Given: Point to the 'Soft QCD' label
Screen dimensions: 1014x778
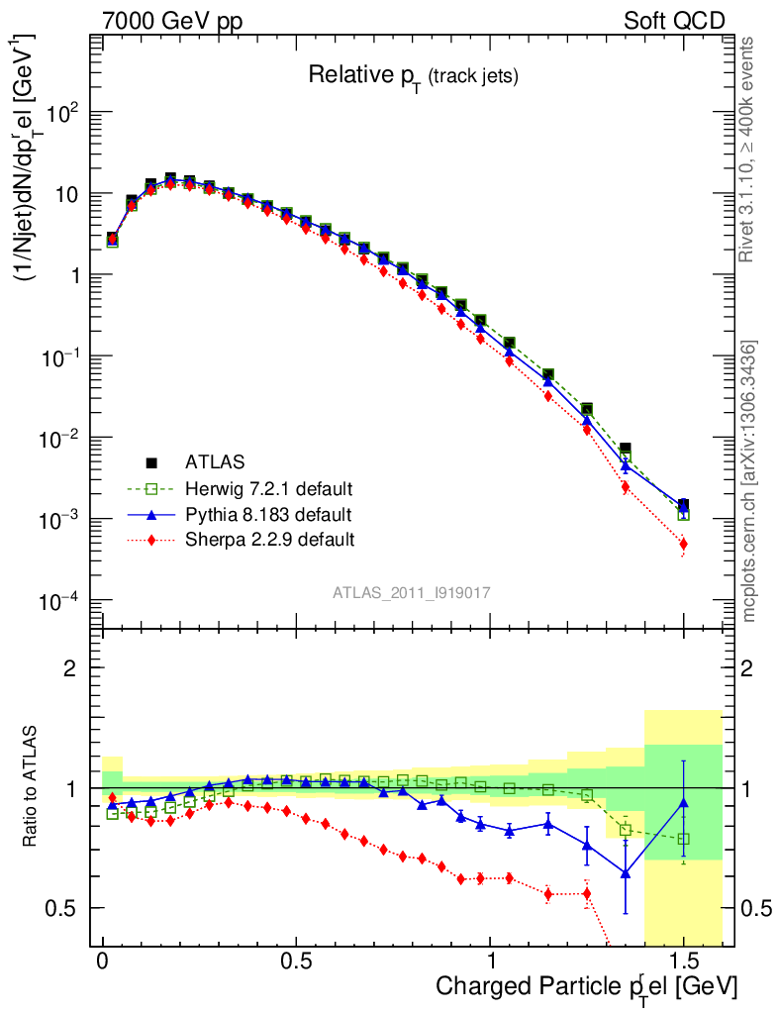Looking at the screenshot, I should tap(674, 21).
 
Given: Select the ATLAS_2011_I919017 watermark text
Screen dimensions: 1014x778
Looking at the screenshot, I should tap(412, 592).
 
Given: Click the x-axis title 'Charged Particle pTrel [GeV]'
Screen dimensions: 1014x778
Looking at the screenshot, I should tap(586, 986).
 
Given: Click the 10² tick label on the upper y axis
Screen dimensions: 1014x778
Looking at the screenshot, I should tap(62, 112).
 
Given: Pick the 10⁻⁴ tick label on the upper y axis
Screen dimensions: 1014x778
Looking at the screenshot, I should tap(60, 600).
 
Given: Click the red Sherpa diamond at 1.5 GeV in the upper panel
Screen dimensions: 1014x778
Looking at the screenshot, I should tap(683, 544).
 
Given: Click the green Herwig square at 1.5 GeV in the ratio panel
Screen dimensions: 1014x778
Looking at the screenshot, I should tap(683, 839).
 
